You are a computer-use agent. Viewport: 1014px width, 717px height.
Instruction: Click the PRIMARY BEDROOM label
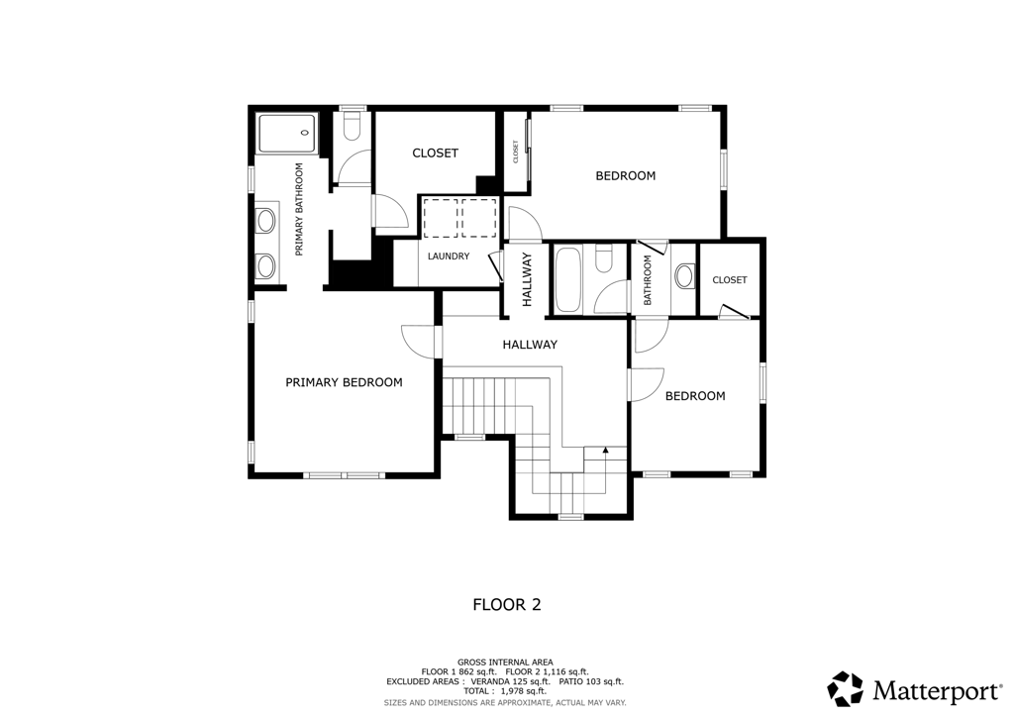coord(344,382)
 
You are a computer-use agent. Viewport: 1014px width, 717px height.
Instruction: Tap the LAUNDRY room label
coord(449,256)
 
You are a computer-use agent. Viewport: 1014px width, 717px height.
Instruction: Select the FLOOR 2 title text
coord(507,605)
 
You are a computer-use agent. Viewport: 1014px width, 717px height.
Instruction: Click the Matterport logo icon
coord(846,688)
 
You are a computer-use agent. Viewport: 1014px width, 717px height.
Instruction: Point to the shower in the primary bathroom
coord(288,133)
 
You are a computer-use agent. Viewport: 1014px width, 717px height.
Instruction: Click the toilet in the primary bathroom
coord(353,127)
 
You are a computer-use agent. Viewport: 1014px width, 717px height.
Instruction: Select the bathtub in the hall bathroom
coord(567,279)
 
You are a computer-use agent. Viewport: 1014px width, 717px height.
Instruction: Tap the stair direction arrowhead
coord(605,450)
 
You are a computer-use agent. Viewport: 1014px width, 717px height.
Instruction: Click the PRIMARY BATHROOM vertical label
coord(299,209)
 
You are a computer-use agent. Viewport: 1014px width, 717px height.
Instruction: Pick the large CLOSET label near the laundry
coord(436,154)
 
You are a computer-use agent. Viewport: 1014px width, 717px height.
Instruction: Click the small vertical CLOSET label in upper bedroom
coord(516,152)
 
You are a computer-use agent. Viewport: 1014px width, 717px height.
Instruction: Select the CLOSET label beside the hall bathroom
coord(730,280)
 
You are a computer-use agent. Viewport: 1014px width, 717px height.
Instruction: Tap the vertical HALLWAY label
coord(527,279)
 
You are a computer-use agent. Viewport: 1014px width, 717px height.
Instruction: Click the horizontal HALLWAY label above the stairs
coord(530,345)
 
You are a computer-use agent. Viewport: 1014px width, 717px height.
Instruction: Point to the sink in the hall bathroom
coord(684,276)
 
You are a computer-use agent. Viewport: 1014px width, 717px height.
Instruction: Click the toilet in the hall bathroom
coord(604,259)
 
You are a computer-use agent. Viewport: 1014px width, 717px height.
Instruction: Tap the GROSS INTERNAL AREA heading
coord(505,663)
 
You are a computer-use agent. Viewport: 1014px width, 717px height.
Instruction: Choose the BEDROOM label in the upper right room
coord(626,176)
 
